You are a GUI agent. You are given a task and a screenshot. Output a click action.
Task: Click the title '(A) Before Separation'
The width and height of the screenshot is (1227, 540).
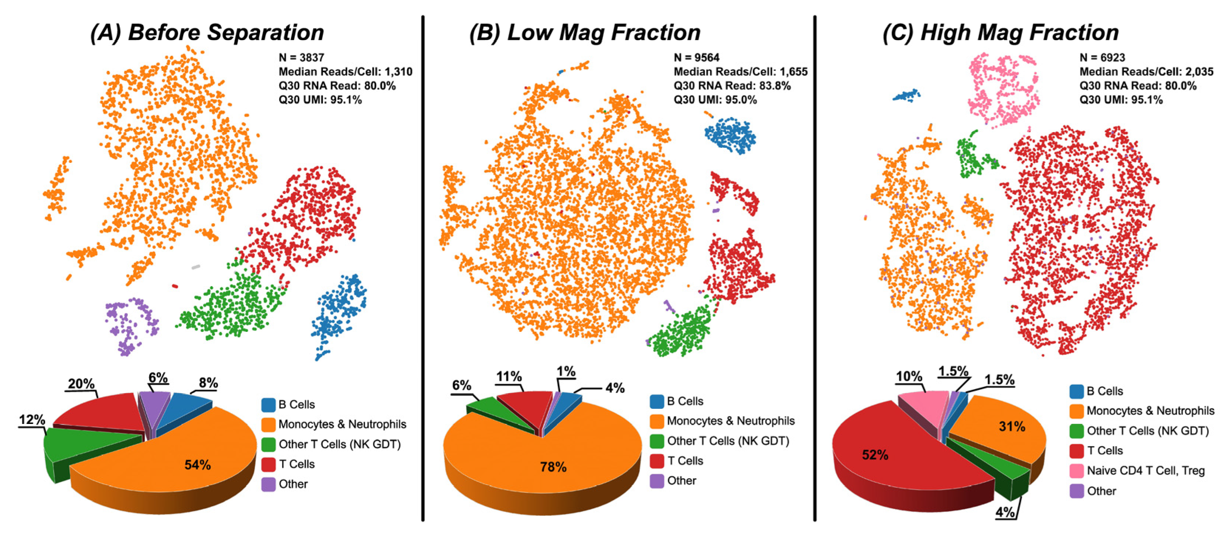click(x=207, y=33)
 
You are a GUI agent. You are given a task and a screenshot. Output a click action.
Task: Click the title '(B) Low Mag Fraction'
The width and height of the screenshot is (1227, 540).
click(x=585, y=33)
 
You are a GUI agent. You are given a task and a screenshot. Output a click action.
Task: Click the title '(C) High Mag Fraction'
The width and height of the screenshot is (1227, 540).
click(x=1000, y=33)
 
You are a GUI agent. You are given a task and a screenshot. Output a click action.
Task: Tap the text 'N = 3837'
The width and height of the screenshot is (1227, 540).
click(x=301, y=58)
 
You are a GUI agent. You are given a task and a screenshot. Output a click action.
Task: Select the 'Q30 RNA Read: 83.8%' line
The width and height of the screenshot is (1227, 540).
click(x=732, y=86)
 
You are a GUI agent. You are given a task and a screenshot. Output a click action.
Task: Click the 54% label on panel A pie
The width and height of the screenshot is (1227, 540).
click(x=198, y=465)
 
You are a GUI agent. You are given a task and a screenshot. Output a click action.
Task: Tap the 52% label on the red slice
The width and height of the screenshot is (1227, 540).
click(x=875, y=455)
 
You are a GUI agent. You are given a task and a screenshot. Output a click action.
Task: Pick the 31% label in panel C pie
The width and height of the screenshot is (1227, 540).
click(x=1012, y=427)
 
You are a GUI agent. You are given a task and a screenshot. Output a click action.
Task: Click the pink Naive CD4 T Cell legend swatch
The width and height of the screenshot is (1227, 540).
click(x=1077, y=471)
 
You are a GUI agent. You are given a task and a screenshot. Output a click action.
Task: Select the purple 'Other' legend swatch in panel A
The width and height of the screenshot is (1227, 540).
click(x=269, y=484)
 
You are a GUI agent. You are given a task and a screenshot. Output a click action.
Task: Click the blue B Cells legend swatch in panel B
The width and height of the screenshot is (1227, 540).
click(x=657, y=401)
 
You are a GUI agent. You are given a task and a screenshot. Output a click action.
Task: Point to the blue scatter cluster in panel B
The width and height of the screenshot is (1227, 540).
click(x=730, y=135)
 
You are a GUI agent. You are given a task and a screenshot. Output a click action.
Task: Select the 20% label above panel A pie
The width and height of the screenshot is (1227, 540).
click(x=81, y=384)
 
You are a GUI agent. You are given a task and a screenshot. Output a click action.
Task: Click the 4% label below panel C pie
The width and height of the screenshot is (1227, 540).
click(x=1005, y=512)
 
